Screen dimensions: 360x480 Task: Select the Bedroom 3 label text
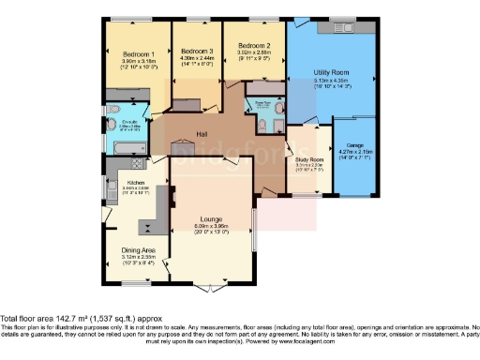click(197, 51)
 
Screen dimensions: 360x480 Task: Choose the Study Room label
click(308, 160)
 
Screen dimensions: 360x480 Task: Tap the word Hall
click(201, 133)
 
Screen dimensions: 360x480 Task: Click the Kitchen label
click(135, 183)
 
